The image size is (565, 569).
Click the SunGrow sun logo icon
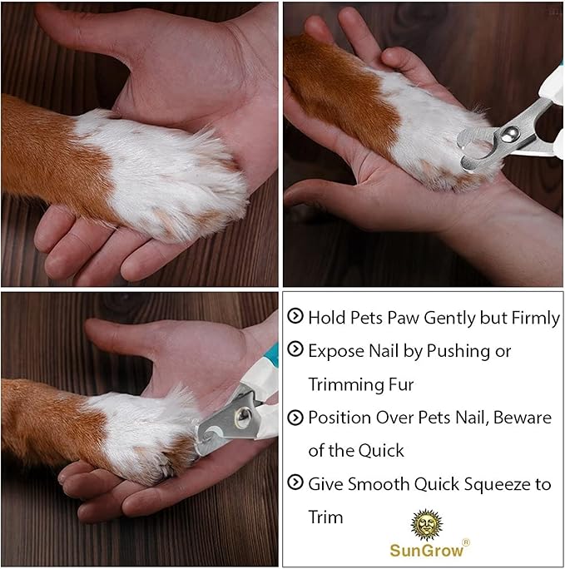[x=425, y=525]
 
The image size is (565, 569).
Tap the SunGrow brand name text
[x=426, y=551]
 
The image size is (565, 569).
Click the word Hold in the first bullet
[x=325, y=318]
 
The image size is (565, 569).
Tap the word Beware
[x=523, y=418]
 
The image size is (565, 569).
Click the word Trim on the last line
[x=325, y=517]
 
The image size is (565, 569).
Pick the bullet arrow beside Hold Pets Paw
[x=295, y=317]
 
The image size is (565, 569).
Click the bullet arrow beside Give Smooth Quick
[x=295, y=483]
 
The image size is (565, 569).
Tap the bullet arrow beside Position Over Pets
[x=295, y=417]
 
